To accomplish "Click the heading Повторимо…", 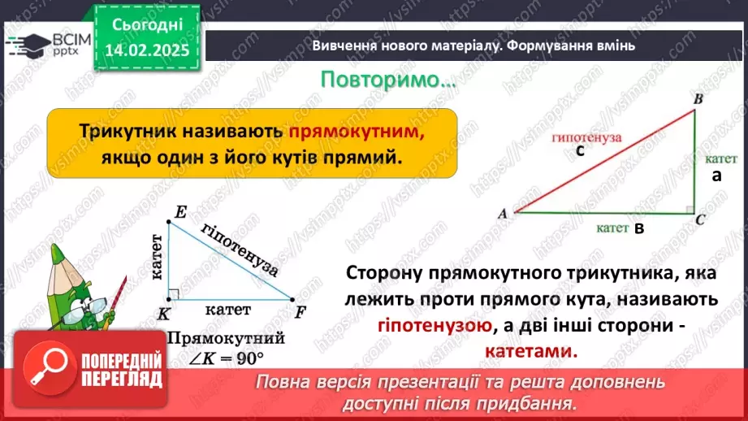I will point(387,81).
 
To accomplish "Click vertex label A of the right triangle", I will point(503,213).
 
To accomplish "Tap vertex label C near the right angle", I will point(700,219).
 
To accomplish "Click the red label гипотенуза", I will point(586,137).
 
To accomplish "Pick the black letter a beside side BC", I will point(716,176).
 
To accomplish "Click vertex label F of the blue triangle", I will point(300,311).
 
